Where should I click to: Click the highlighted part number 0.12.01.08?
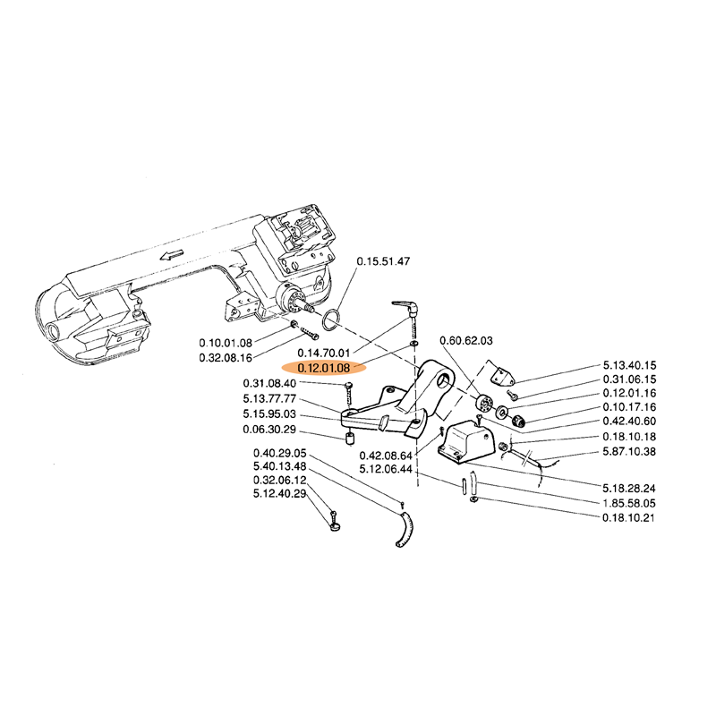[324, 368]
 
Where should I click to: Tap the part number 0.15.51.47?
[383, 261]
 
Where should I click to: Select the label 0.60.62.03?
[466, 341]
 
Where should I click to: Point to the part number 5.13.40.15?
[629, 365]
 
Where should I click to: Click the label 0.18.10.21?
[629, 518]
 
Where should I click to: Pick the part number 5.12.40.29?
[280, 494]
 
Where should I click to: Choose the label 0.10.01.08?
[226, 343]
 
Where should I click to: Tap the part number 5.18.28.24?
[629, 488]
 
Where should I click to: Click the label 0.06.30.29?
[269, 430]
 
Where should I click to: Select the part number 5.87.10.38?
[629, 452]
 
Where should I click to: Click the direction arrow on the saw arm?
[172, 254]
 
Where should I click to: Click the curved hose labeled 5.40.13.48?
[404, 529]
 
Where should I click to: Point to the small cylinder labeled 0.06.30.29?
[350, 439]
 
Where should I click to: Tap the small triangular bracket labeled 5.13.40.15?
[501, 373]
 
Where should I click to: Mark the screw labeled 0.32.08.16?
[310, 334]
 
